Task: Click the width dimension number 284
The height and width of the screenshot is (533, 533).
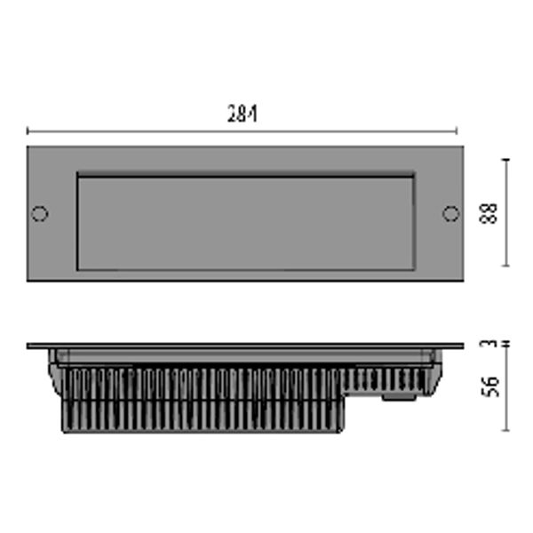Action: (242, 114)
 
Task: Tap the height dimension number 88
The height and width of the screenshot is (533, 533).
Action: (489, 213)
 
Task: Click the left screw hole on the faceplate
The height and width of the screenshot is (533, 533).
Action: (39, 213)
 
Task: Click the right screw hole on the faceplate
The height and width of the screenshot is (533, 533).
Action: (451, 213)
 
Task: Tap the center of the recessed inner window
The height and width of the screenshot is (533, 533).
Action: (245, 223)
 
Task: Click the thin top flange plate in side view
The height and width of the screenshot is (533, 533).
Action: (245, 346)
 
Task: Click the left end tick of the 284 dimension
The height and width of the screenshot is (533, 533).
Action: (28, 131)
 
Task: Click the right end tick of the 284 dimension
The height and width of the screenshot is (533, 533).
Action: (457, 131)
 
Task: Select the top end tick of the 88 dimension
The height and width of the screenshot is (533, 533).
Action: (506, 160)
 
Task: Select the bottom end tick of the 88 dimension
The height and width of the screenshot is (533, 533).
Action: (506, 266)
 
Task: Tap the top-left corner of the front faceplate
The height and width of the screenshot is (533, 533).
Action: (28, 147)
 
